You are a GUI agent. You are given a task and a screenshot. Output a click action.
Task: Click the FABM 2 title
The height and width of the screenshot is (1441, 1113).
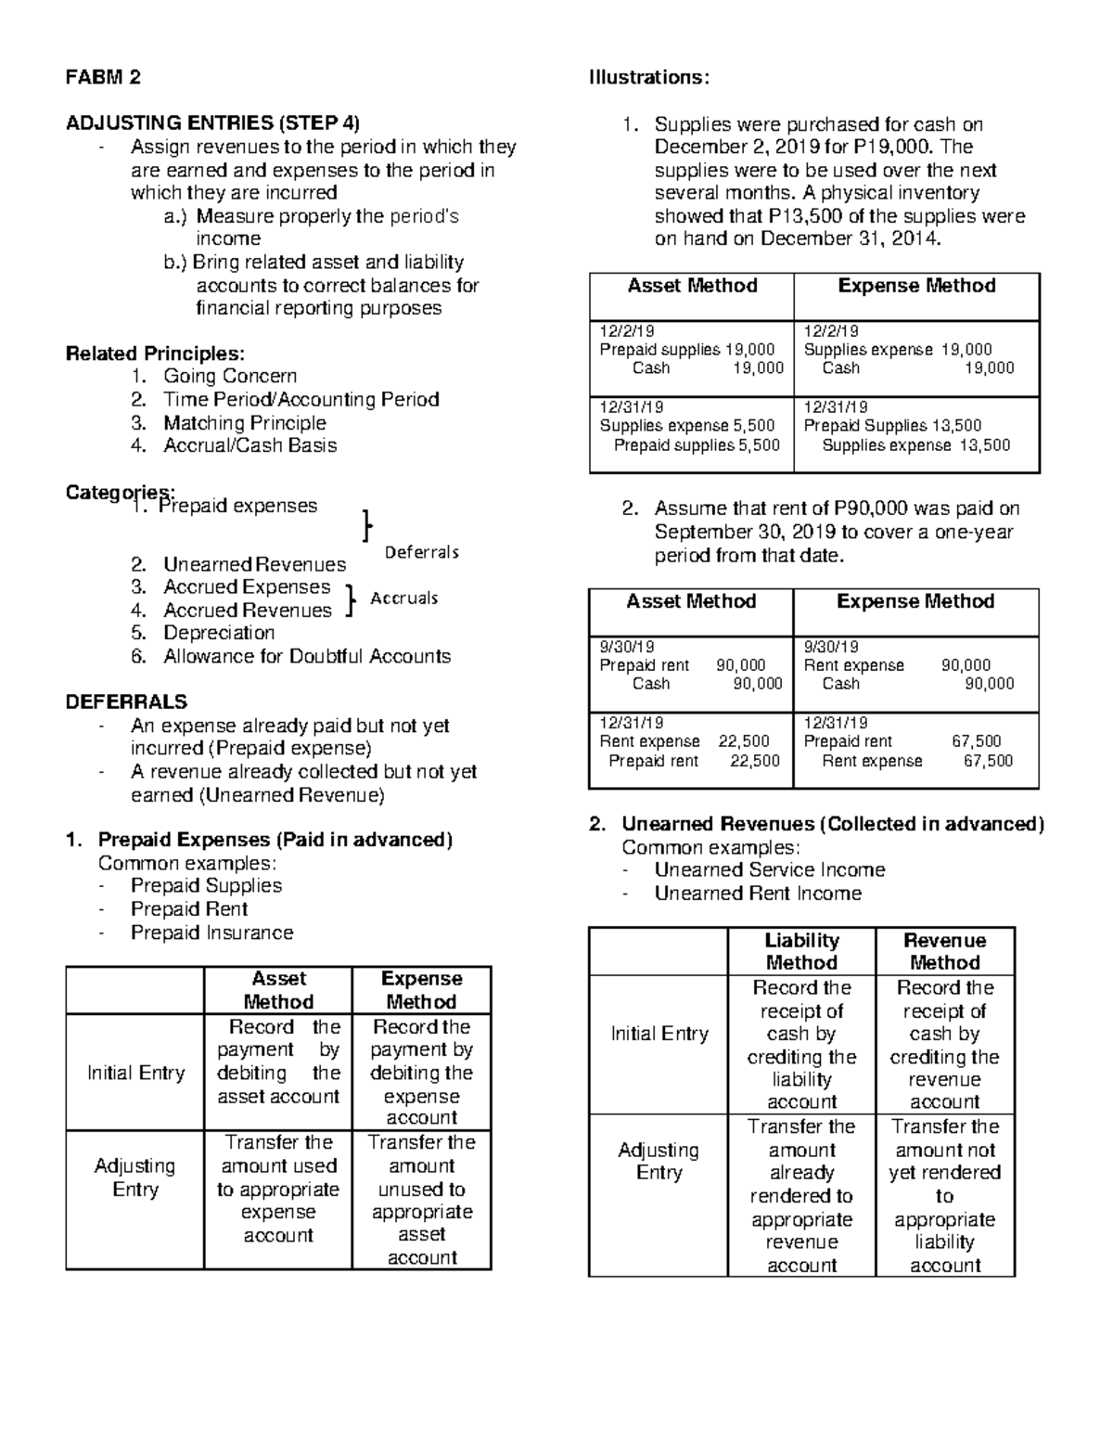pos(103,78)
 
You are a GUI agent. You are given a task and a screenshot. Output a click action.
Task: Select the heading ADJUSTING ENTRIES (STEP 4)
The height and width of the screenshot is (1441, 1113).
pos(212,123)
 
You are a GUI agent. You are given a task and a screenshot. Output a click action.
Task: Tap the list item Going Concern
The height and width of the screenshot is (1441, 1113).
pos(230,377)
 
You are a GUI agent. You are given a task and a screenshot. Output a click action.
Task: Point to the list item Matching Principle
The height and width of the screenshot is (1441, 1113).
pos(245,423)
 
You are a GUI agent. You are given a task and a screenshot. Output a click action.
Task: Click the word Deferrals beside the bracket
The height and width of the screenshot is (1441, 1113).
pos(422,553)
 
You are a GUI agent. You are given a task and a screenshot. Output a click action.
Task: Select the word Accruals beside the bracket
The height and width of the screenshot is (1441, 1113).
pos(403,598)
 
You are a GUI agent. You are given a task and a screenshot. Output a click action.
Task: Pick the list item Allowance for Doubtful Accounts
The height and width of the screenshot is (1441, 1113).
pos(307,657)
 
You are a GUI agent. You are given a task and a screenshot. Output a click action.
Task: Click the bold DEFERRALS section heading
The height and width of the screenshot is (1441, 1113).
pos(126,702)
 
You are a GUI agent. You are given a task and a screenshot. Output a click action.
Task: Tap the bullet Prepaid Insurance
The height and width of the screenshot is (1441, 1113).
pos(211,933)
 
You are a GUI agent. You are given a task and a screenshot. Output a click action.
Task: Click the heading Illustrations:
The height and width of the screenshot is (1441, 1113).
pos(648,78)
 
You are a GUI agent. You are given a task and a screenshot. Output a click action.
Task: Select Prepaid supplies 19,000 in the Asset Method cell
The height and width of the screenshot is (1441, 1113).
pos(686,350)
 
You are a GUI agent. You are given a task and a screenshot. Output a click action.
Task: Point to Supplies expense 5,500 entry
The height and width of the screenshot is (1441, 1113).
pos(686,426)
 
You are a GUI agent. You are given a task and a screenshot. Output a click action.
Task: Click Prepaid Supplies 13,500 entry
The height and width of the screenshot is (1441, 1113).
pos(892,426)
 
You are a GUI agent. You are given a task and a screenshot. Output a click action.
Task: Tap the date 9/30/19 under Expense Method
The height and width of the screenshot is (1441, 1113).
pos(831,648)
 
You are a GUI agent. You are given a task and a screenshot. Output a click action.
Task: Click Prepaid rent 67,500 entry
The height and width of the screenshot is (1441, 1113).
pos(902,741)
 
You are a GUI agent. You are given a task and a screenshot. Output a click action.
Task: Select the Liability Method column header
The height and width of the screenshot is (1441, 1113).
pos(801,952)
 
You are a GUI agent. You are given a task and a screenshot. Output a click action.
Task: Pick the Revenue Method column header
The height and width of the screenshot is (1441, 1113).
pos(944,952)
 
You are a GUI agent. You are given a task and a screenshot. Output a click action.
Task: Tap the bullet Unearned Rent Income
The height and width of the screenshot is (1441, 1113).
pos(758,894)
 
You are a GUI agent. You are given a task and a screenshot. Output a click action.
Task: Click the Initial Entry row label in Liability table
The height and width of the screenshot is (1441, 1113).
pos(659,1035)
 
